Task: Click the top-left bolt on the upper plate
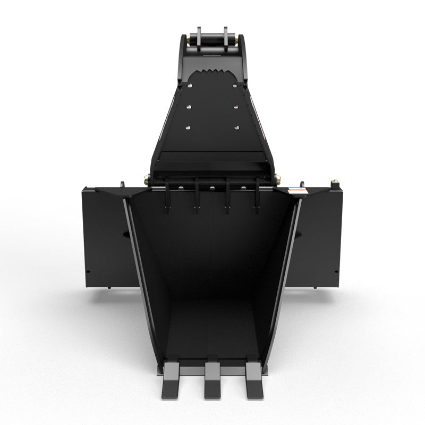(189, 84)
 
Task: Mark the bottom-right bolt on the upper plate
(237, 128)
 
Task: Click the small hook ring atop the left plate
(122, 185)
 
